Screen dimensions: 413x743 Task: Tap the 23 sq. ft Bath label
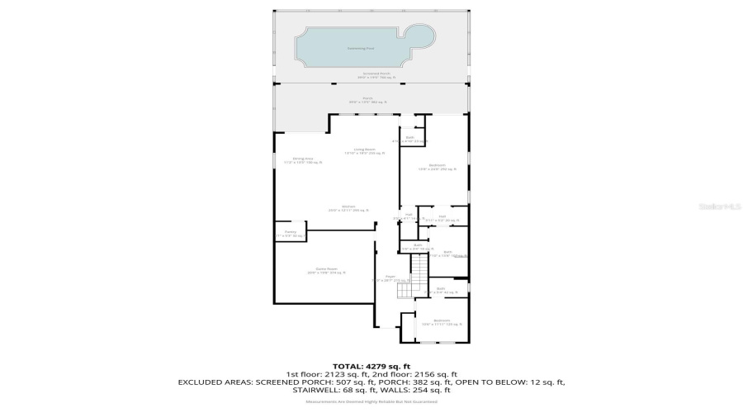tap(410, 139)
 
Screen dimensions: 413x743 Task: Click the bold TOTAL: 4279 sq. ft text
tap(371, 365)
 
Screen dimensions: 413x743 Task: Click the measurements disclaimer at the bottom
tap(371, 401)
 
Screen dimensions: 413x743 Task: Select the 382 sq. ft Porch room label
tap(371, 101)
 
